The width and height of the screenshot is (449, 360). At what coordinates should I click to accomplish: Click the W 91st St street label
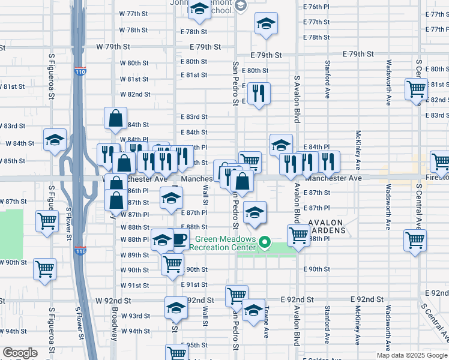(134, 286)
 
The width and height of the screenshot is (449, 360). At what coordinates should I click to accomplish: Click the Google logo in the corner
(20, 353)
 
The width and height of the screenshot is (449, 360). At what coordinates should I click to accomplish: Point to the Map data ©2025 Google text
(412, 355)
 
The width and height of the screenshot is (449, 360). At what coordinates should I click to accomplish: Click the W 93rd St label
(134, 316)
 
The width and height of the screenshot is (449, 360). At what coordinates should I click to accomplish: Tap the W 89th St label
(134, 255)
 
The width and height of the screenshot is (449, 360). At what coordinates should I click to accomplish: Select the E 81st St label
(194, 75)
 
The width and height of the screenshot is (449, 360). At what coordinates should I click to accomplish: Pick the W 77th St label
(133, 13)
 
